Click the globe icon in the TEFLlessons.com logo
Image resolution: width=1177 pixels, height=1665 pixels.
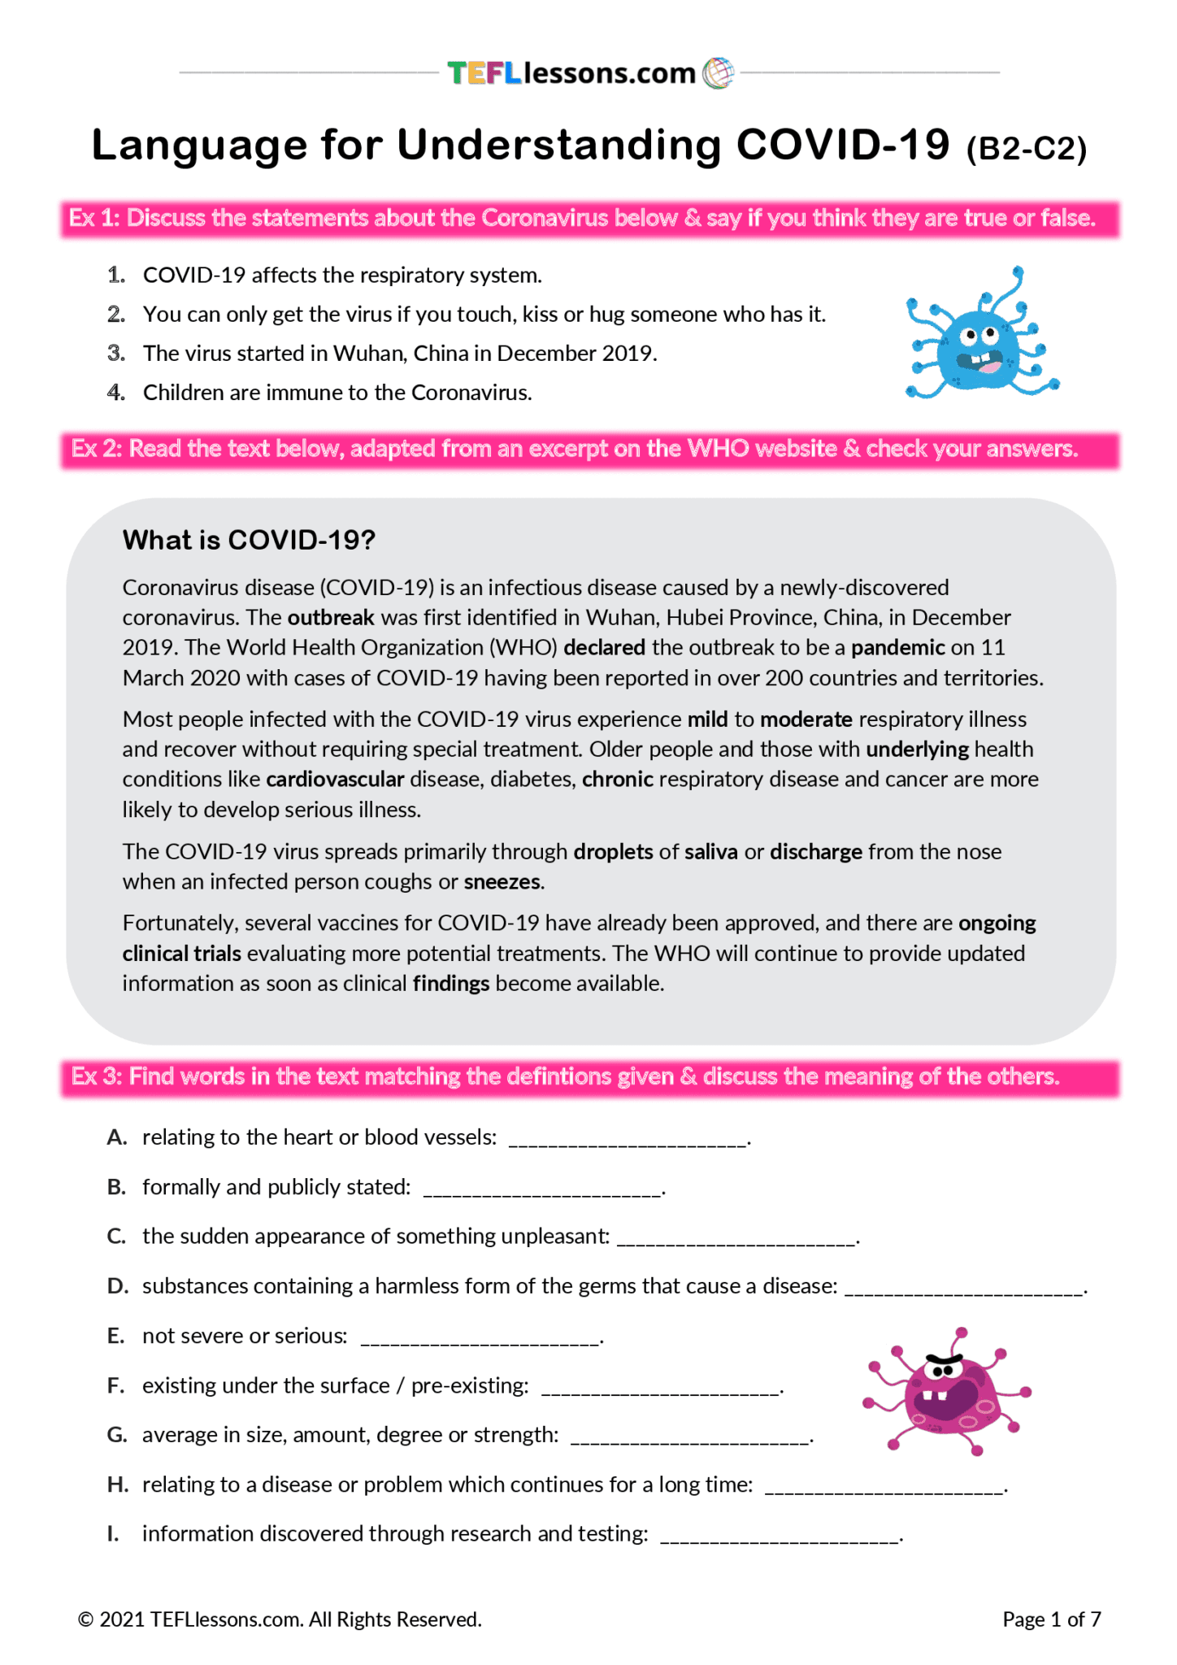pos(717,73)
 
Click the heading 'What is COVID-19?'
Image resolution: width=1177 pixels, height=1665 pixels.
pos(249,540)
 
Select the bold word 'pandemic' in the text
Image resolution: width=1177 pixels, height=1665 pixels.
pos(897,648)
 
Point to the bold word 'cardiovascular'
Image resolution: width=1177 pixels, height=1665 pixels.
pos(335,780)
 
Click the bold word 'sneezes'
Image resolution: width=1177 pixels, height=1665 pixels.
pos(502,882)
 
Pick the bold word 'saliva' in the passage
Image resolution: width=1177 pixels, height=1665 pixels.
pos(710,852)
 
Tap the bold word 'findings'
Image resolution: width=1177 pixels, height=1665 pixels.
pos(450,984)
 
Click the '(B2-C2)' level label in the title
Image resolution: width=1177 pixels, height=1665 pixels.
pos(1026,149)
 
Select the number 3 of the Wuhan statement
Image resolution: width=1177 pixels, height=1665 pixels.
pos(115,354)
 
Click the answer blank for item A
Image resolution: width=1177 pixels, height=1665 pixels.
pos(627,1140)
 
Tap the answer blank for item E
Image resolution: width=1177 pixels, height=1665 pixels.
pos(480,1339)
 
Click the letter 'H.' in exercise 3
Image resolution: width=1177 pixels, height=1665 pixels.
pos(118,1485)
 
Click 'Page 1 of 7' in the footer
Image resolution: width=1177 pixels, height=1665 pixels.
pos(1051,1619)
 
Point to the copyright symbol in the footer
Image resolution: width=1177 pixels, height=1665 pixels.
pos(85,1620)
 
